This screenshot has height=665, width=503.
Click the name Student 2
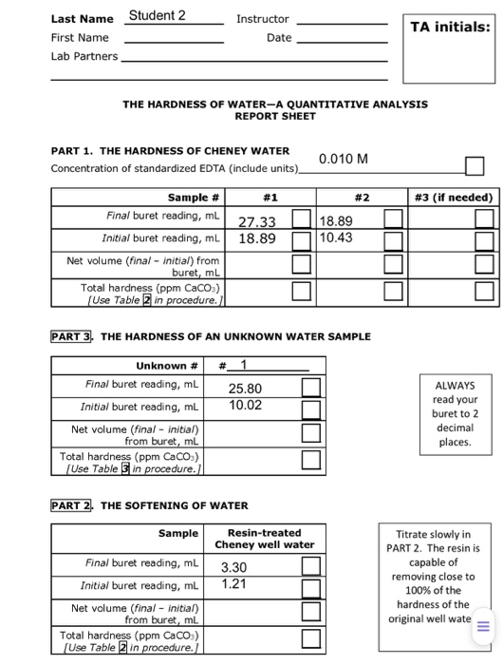[x=158, y=15]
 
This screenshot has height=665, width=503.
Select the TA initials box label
[x=450, y=28]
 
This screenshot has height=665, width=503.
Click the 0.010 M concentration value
[x=344, y=158]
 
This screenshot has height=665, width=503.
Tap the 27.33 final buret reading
[x=257, y=221]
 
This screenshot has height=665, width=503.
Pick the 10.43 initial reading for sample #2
[x=338, y=237]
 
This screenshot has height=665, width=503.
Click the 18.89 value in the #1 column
[x=257, y=238]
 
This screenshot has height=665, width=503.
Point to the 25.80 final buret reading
[x=245, y=389]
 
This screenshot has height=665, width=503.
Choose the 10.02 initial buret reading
[x=245, y=405]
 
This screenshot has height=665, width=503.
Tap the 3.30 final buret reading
[x=233, y=567]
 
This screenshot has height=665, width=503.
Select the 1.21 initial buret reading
[x=233, y=583]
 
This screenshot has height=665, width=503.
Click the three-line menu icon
[x=481, y=624]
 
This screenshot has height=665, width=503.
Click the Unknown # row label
[x=167, y=365]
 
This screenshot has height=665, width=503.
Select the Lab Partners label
[x=84, y=56]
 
